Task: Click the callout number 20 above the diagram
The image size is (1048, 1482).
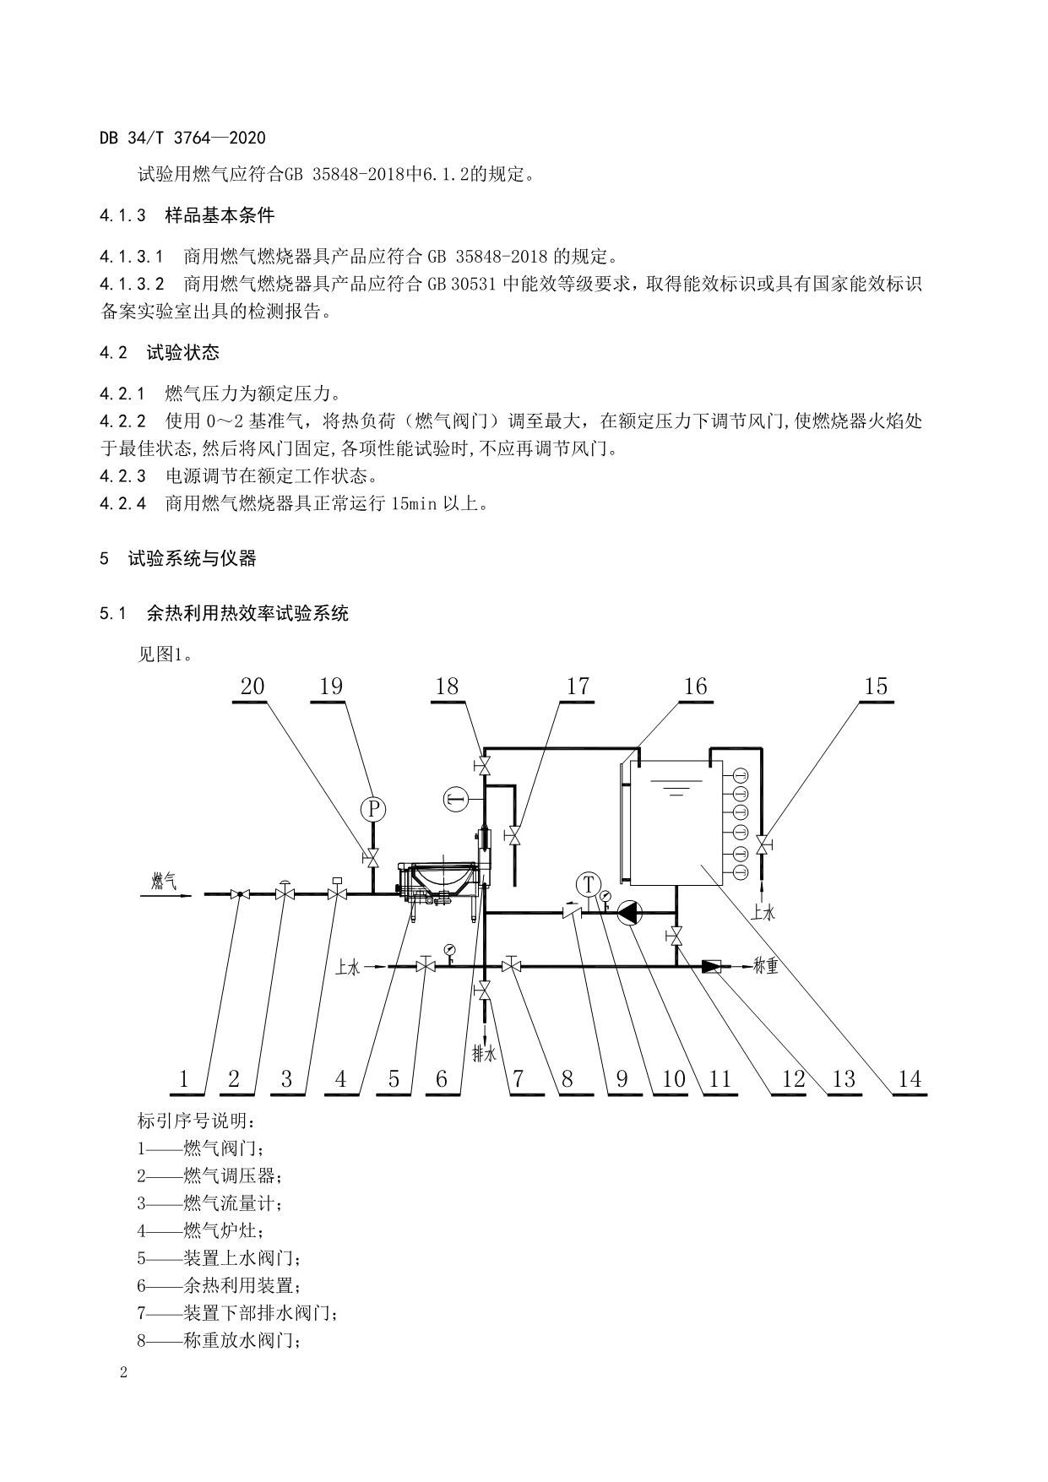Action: [x=252, y=687]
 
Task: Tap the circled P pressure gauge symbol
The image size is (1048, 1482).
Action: [x=372, y=810]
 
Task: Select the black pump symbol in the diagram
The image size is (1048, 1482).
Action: [x=630, y=912]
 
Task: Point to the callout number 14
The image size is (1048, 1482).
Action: [x=910, y=1078]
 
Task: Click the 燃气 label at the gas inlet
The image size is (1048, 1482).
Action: [x=164, y=882]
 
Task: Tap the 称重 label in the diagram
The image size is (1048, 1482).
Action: [x=765, y=966]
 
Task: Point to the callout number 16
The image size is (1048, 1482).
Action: [x=695, y=687]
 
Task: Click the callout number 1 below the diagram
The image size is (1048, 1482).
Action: [x=183, y=1078]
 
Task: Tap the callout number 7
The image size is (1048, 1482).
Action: [x=518, y=1078]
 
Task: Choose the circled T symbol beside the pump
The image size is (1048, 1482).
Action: [x=587, y=884]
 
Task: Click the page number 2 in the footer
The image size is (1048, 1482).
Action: [x=124, y=1372]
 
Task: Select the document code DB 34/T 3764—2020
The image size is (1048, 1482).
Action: [x=182, y=138]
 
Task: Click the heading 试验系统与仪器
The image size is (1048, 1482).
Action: [x=192, y=558]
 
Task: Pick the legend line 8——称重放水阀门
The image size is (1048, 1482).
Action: [x=219, y=1340]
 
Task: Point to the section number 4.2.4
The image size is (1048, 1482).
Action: [x=122, y=504]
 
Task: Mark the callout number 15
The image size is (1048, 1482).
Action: [x=876, y=687]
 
